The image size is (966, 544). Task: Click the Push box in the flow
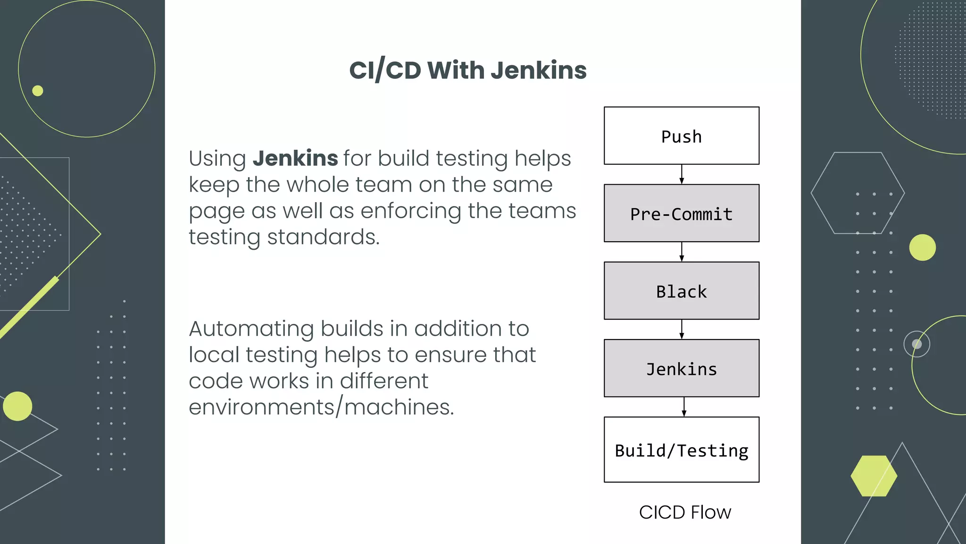(x=682, y=136)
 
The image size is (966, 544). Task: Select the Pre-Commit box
(x=682, y=213)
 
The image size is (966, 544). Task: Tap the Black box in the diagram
(x=682, y=291)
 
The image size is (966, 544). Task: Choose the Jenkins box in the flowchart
(x=682, y=368)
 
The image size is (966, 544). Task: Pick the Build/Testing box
(x=682, y=450)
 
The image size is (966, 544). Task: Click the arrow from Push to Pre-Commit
(x=682, y=174)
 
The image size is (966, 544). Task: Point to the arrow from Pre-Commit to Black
(x=682, y=252)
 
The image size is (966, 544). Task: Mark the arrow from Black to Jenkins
(x=682, y=329)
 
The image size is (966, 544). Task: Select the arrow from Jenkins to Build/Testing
(x=684, y=407)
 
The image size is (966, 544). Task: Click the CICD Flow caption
(x=685, y=512)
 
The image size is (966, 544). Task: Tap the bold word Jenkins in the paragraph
(x=295, y=159)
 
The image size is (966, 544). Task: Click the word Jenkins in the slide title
(x=539, y=71)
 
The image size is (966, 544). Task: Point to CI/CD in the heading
(x=385, y=71)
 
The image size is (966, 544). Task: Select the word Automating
(x=251, y=329)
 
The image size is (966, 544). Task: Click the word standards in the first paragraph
(x=323, y=237)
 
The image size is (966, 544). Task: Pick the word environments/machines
(x=321, y=407)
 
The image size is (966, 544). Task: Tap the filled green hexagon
(x=874, y=476)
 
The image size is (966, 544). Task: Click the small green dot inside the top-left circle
(x=38, y=91)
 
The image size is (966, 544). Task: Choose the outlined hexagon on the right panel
(x=858, y=193)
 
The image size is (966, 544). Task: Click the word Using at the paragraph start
(x=217, y=159)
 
